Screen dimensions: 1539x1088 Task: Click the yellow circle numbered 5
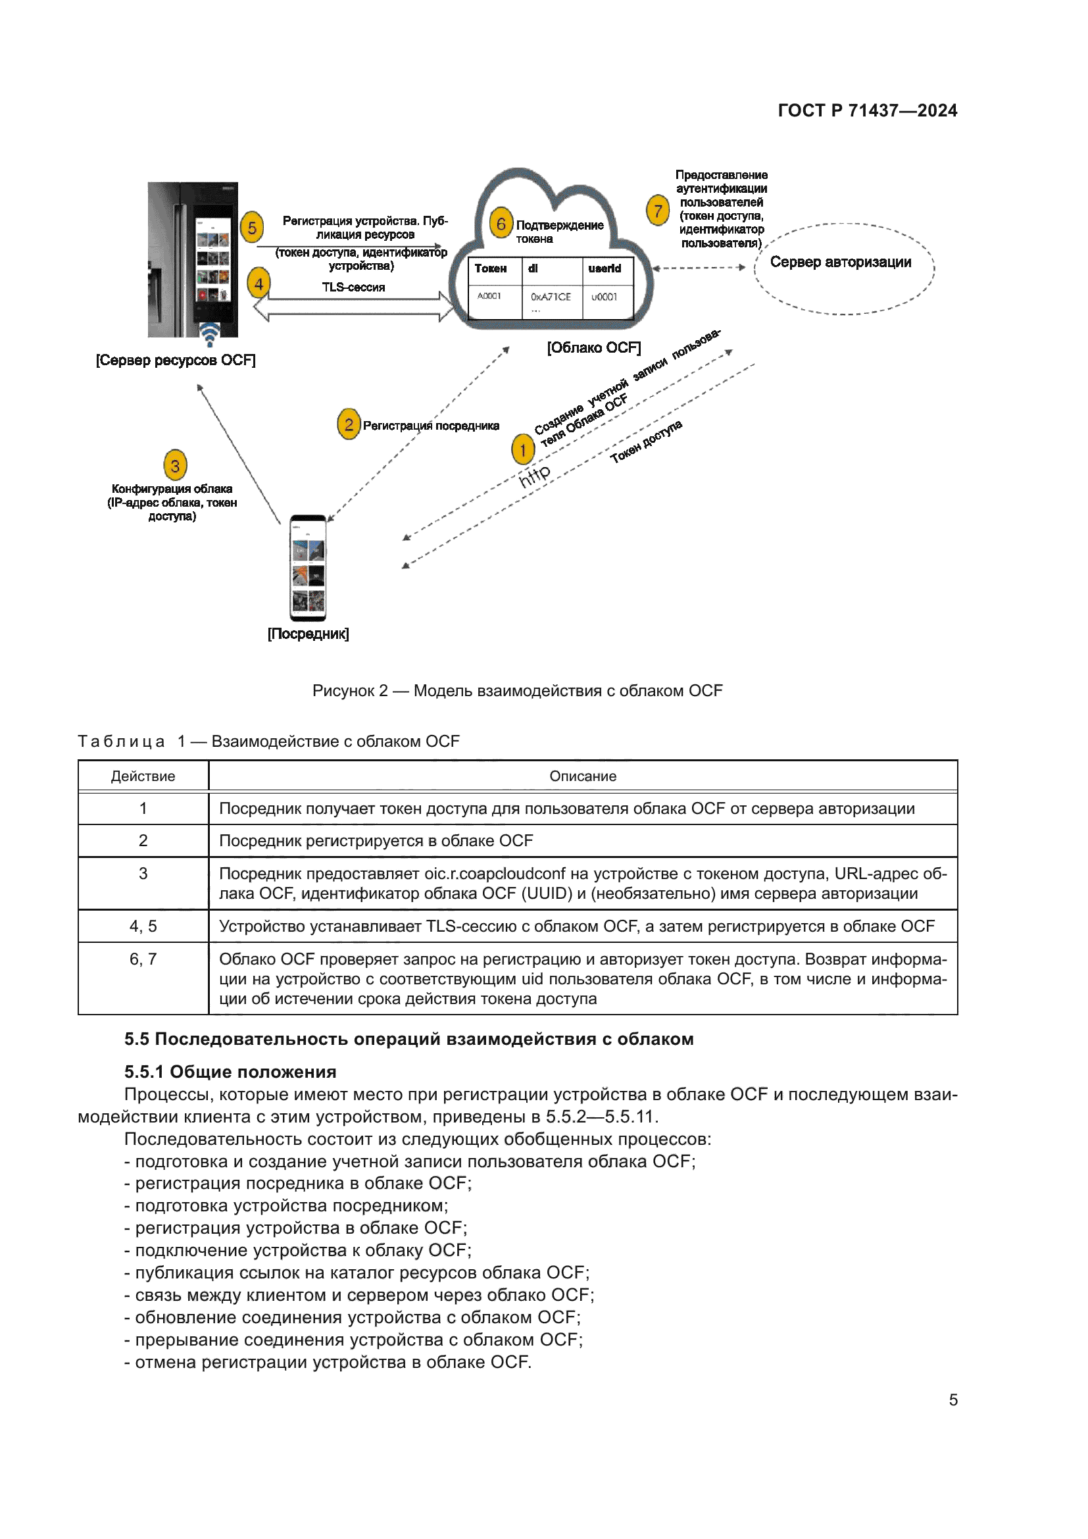coord(252,228)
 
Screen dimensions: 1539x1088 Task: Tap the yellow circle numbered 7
coord(658,211)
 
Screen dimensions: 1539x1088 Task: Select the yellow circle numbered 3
coord(175,465)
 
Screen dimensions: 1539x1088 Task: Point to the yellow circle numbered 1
coord(522,450)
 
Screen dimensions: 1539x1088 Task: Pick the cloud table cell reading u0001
coord(605,297)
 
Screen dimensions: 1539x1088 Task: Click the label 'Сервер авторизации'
coord(840,262)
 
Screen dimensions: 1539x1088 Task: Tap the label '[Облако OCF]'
coord(593,348)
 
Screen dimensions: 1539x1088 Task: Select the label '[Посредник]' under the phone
coord(308,634)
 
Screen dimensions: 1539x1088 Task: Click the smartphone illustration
coord(308,568)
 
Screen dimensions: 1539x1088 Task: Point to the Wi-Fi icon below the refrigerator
coord(210,334)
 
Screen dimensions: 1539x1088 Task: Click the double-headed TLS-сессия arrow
coord(353,307)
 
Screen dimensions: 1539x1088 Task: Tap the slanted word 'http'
coord(535,474)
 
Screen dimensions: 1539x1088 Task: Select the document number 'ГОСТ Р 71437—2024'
coord(867,111)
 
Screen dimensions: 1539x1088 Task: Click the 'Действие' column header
coord(143,776)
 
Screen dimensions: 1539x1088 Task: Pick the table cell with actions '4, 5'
coord(143,926)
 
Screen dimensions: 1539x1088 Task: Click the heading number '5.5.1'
coord(144,1072)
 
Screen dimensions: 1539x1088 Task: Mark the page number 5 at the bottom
coord(952,1400)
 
